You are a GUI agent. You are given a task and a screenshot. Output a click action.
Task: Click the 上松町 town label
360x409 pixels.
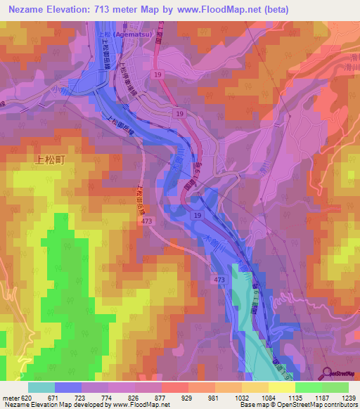[x=49, y=160]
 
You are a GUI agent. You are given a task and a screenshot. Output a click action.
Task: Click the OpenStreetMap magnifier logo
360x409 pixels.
[x=328, y=373]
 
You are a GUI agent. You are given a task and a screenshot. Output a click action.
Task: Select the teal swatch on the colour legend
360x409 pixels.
[x=41, y=387]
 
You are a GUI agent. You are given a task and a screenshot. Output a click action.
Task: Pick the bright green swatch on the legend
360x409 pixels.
[x=308, y=387]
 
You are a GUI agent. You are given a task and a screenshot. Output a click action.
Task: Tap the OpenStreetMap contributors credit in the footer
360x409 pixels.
[x=316, y=405]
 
